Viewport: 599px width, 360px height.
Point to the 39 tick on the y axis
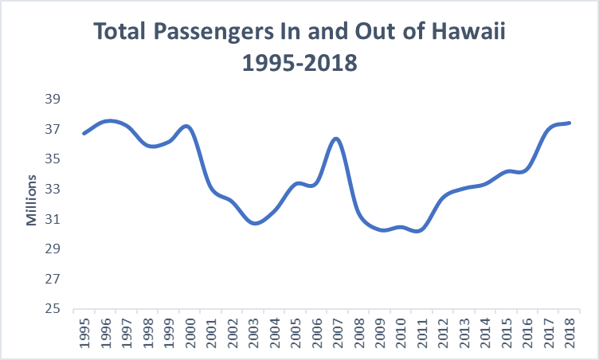click(58, 99)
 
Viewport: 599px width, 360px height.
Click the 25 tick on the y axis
click(58, 309)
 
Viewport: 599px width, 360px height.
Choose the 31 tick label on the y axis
click(58, 219)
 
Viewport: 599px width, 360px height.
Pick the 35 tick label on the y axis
click(58, 158)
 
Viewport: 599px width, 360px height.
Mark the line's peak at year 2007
click(337, 139)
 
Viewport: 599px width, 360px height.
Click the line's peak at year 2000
click(188, 126)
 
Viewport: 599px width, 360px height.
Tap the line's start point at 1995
click(84, 133)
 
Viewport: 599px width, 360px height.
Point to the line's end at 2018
click(570, 123)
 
